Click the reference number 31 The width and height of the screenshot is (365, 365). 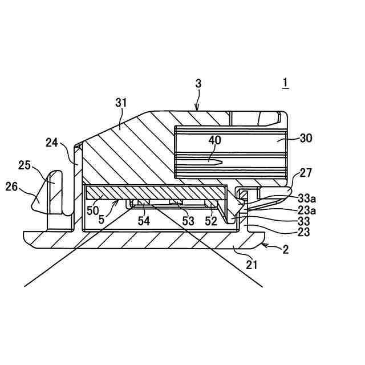click(x=120, y=103)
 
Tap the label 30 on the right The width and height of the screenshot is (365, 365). click(x=306, y=137)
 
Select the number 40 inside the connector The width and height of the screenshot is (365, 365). click(x=214, y=140)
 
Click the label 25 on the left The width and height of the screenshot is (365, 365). click(x=24, y=165)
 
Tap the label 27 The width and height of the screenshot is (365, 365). click(x=306, y=173)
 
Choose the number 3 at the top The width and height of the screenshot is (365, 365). click(x=198, y=83)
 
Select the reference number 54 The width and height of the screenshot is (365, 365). click(x=144, y=221)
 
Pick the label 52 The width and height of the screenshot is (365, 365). click(x=211, y=221)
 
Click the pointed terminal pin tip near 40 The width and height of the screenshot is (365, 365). click(x=221, y=161)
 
